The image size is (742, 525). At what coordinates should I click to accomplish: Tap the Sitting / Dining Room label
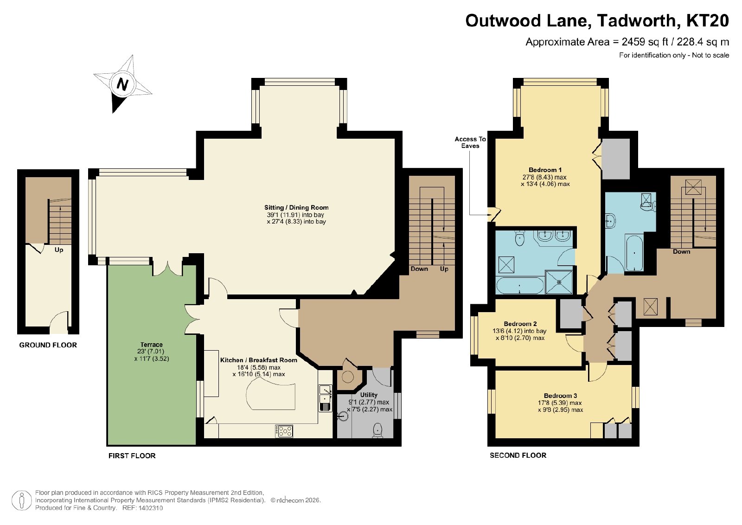[296, 208]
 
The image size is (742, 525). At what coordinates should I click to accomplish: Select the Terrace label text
[151, 345]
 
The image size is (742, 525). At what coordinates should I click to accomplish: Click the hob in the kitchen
[284, 431]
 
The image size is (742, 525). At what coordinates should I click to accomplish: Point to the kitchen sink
[325, 398]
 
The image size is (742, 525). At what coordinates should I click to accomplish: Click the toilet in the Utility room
[377, 430]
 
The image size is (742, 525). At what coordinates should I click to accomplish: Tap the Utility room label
[369, 395]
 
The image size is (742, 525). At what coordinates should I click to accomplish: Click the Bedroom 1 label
[545, 170]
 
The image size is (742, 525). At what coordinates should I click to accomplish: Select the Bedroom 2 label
[520, 324]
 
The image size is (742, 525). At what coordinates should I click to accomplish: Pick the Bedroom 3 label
[561, 396]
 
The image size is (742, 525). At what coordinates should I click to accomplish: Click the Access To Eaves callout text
[470, 142]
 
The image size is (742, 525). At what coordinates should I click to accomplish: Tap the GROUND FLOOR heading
[48, 345]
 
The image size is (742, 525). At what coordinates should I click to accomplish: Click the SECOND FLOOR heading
[518, 455]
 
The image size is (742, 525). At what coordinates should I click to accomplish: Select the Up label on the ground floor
[58, 250]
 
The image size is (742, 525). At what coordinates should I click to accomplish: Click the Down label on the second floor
[681, 252]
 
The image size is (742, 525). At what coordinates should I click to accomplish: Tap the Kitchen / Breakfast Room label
[259, 360]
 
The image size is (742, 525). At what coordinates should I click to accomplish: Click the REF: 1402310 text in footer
[142, 508]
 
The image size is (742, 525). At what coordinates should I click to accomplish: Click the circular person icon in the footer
[21, 500]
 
